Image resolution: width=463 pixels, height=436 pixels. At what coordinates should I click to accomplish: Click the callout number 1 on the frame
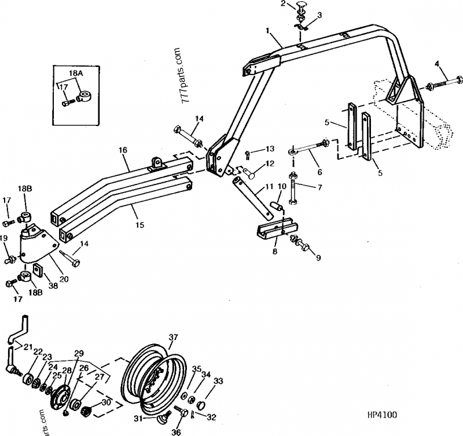click(268, 29)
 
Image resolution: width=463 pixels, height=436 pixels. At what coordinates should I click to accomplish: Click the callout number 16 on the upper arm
click(123, 150)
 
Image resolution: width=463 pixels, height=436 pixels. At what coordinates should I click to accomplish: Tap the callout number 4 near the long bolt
click(437, 63)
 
